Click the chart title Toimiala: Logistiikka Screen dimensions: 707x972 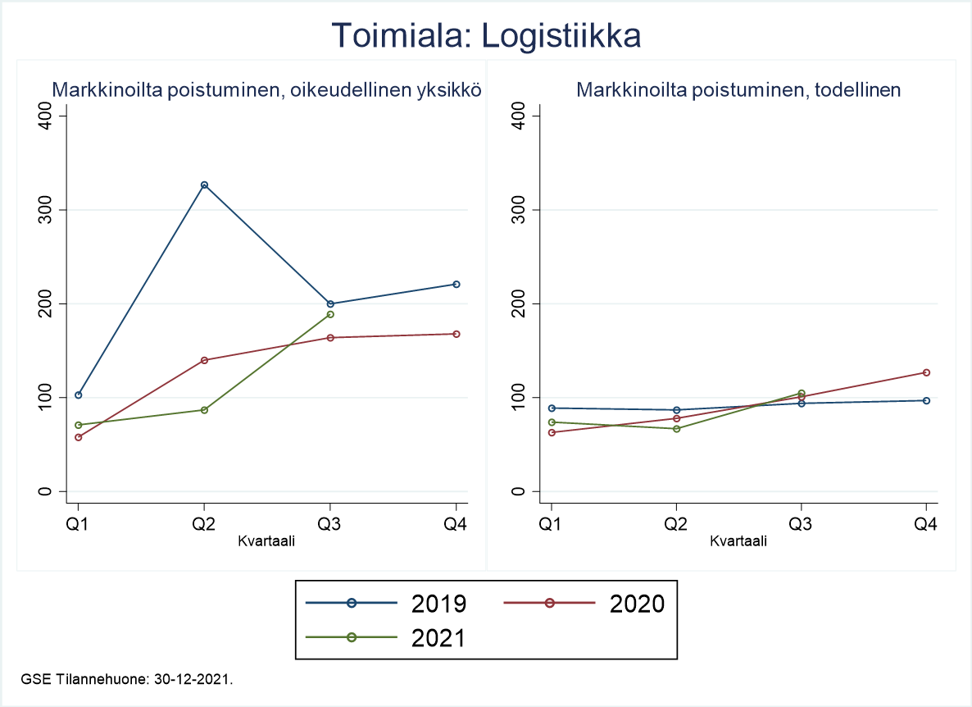(x=485, y=37)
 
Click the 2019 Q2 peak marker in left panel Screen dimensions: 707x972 (x=204, y=185)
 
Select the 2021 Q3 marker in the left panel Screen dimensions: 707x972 (x=330, y=314)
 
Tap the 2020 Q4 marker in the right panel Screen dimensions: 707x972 (x=926, y=372)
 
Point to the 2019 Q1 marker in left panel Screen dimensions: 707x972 (x=79, y=395)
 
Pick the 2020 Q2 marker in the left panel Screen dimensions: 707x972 (x=204, y=360)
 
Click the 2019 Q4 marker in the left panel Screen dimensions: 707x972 (x=456, y=284)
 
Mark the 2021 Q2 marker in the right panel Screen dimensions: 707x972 (x=677, y=429)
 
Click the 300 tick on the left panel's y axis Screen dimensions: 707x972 (x=46, y=210)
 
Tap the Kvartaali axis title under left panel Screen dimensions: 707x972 (x=266, y=541)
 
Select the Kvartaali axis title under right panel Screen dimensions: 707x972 (x=738, y=541)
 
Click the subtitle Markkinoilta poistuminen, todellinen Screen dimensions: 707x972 (x=738, y=90)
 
